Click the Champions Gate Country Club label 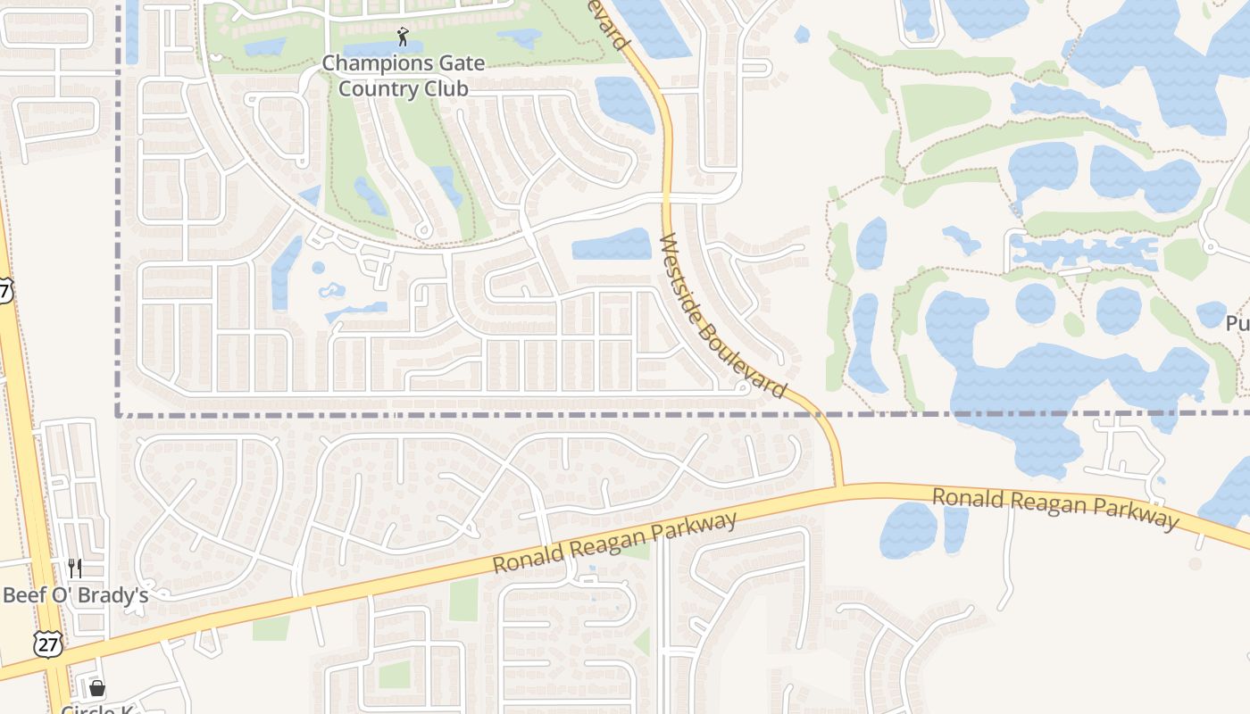403,76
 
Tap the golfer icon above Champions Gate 403,37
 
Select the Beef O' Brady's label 75,595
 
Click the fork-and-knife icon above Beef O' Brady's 75,568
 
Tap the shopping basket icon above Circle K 96,688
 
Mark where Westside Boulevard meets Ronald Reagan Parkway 839,487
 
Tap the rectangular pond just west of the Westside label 612,244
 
